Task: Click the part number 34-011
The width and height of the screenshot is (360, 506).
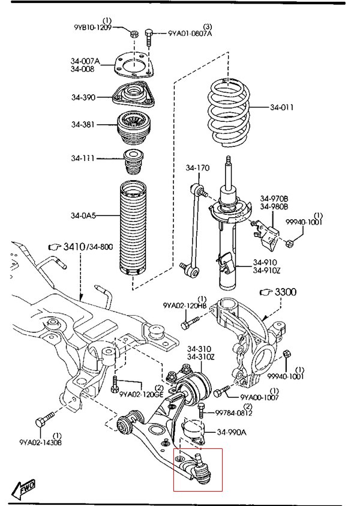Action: coord(282,108)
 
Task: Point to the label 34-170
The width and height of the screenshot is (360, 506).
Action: coord(197,168)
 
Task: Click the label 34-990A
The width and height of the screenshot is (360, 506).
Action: coord(232,432)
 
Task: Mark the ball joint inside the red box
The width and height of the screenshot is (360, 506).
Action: coord(201,469)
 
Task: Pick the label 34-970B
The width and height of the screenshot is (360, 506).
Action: coord(274,199)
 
